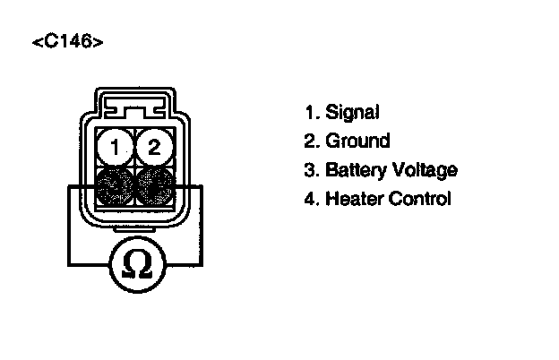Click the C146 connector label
click(x=66, y=42)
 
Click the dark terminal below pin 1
click(x=114, y=187)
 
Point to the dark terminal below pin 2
click(x=154, y=187)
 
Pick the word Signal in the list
click(x=352, y=113)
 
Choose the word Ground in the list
click(x=357, y=141)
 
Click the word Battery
click(x=356, y=170)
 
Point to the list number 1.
click(x=311, y=113)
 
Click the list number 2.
click(x=311, y=141)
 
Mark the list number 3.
click(x=311, y=170)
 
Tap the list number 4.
click(x=311, y=198)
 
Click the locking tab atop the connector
click(x=134, y=106)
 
